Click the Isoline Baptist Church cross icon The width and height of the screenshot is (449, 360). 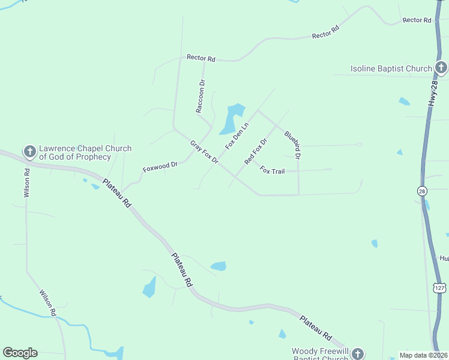[441, 68]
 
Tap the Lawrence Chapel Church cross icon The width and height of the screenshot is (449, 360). [29, 152]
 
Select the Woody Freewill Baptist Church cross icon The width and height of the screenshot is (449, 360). [358, 354]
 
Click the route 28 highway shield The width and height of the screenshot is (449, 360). [423, 191]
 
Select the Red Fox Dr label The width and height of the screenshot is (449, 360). [255, 151]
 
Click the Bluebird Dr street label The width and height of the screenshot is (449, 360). [292, 145]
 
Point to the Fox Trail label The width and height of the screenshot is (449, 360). [272, 170]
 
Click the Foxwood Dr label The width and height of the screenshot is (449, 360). [160, 166]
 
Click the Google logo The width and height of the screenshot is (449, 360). [20, 353]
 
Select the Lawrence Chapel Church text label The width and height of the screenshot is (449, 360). [76, 152]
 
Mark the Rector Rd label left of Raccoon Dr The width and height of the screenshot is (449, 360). [200, 58]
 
